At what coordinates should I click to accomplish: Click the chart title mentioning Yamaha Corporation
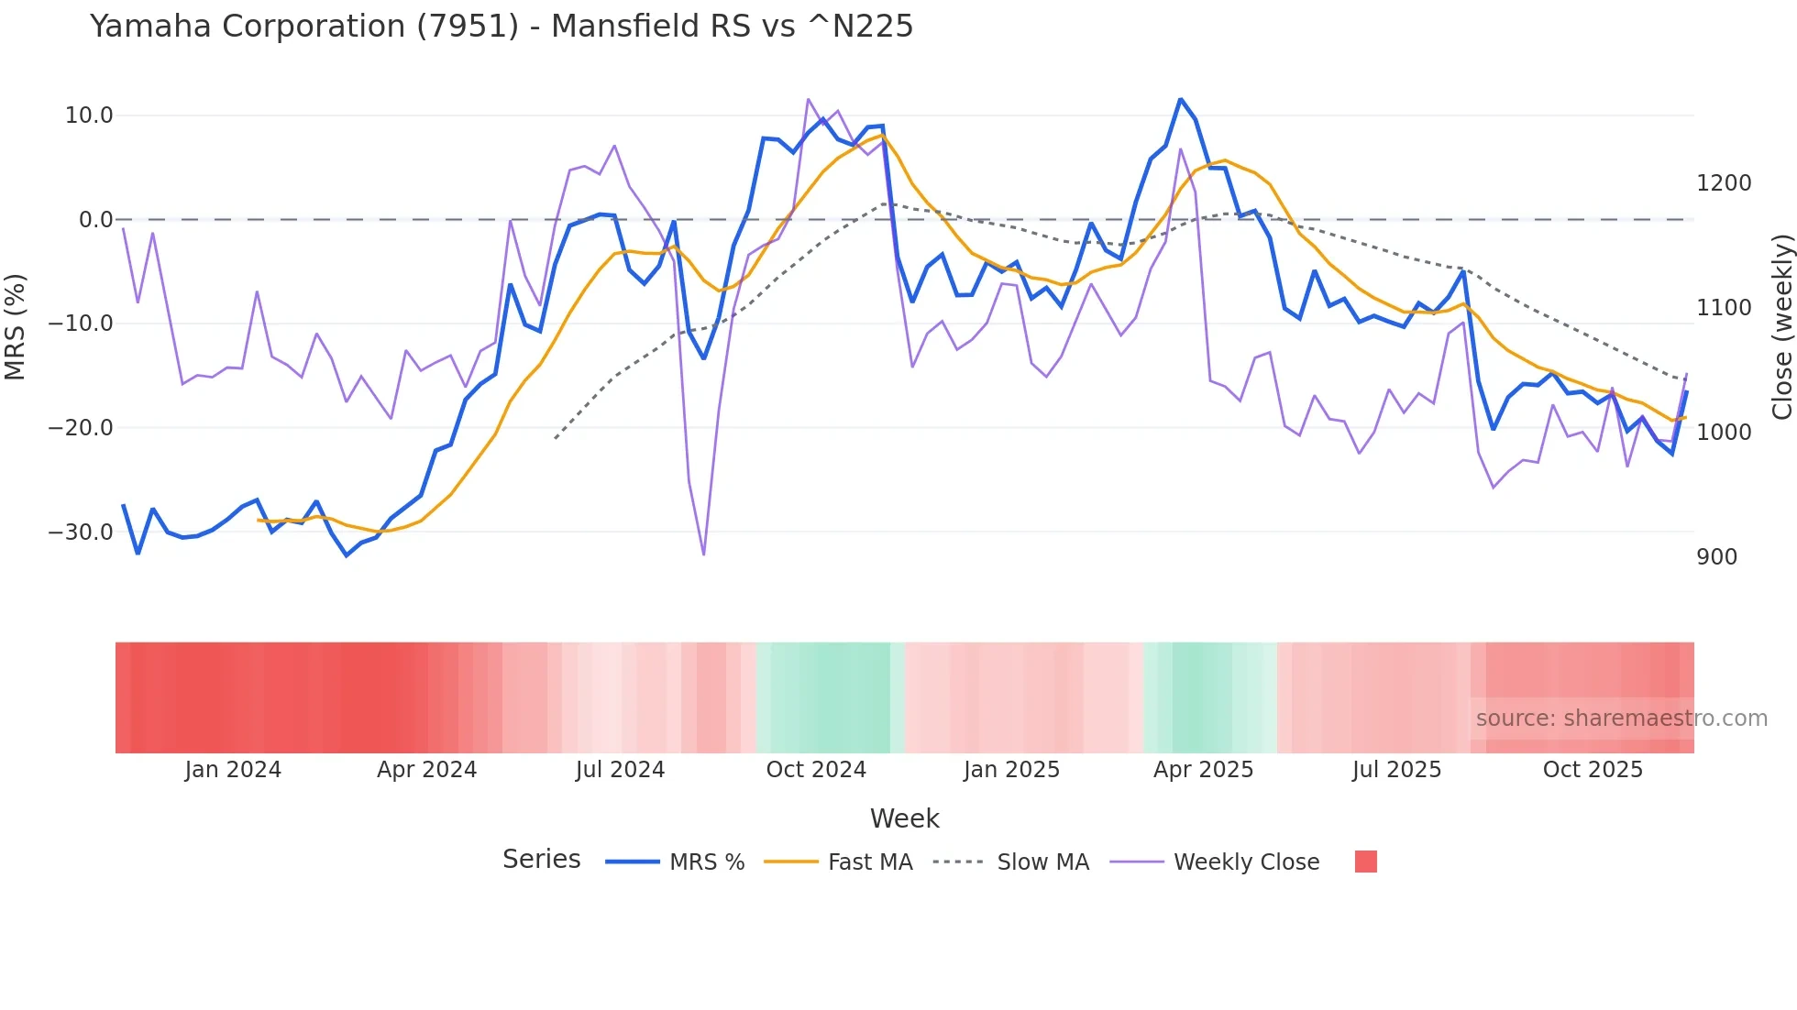[502, 27]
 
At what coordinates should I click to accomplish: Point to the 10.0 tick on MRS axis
[89, 115]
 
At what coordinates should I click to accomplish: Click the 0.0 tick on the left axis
[95, 220]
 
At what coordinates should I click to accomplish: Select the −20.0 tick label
[81, 428]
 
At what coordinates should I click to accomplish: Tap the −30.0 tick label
[81, 532]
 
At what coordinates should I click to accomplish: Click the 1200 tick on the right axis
[1724, 183]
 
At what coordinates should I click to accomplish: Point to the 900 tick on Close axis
[1716, 557]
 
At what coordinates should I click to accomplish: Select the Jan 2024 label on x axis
[233, 770]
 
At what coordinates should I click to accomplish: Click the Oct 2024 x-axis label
[816, 770]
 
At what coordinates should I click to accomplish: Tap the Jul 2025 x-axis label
[1396, 770]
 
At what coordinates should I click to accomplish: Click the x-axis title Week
[904, 818]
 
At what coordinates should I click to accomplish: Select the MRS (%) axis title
[16, 326]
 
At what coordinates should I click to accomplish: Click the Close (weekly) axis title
[1781, 326]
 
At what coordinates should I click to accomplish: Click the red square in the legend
[1365, 862]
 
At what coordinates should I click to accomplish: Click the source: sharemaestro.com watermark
[1621, 719]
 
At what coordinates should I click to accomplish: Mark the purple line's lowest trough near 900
[703, 554]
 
